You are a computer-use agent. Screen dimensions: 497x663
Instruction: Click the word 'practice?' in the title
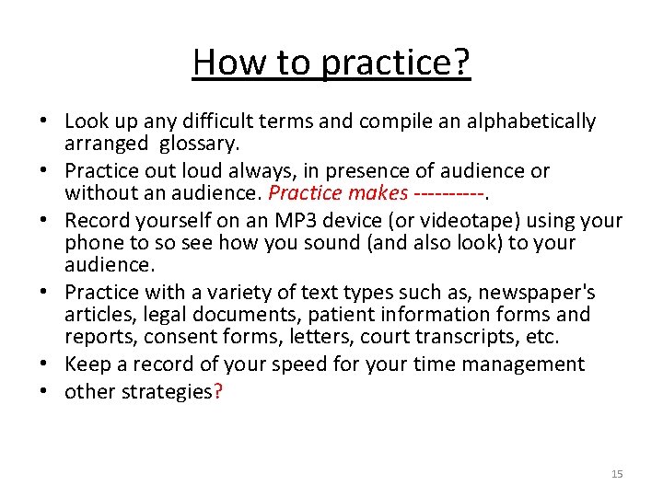pyautogui.click(x=396, y=64)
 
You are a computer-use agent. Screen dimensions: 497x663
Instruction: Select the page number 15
pyautogui.click(x=617, y=474)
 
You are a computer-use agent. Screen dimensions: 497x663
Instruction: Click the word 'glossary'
pyautogui.click(x=198, y=144)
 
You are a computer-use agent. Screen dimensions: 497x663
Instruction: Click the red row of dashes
pyautogui.click(x=448, y=193)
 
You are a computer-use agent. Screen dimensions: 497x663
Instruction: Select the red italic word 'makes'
pyautogui.click(x=378, y=193)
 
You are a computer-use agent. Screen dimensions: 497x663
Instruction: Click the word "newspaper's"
pyautogui.click(x=543, y=293)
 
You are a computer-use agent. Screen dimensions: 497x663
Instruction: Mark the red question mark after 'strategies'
pyautogui.click(x=217, y=392)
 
